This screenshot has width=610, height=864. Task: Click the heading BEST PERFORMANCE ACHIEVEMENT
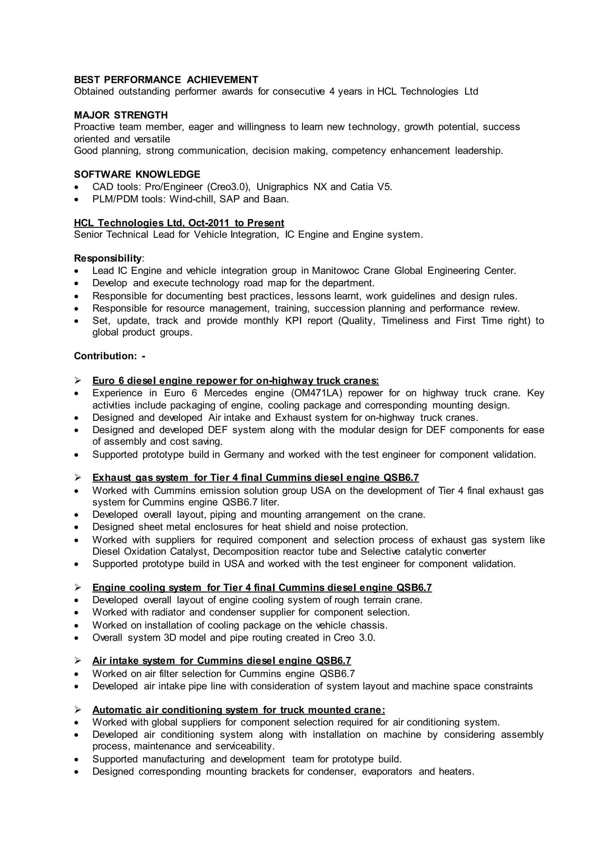click(x=166, y=80)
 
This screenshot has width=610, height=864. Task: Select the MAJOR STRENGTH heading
click(x=121, y=115)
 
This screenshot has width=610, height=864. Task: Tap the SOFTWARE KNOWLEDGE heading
click(x=137, y=175)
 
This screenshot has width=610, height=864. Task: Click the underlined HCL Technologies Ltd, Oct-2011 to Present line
click(x=179, y=223)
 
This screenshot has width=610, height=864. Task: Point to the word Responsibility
click(x=108, y=259)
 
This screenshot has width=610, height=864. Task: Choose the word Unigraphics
click(x=282, y=187)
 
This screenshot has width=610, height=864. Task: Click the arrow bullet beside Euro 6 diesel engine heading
click(x=78, y=381)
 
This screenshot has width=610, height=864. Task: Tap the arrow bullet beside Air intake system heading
click(x=78, y=660)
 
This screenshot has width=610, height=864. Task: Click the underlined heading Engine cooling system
click(x=262, y=588)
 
